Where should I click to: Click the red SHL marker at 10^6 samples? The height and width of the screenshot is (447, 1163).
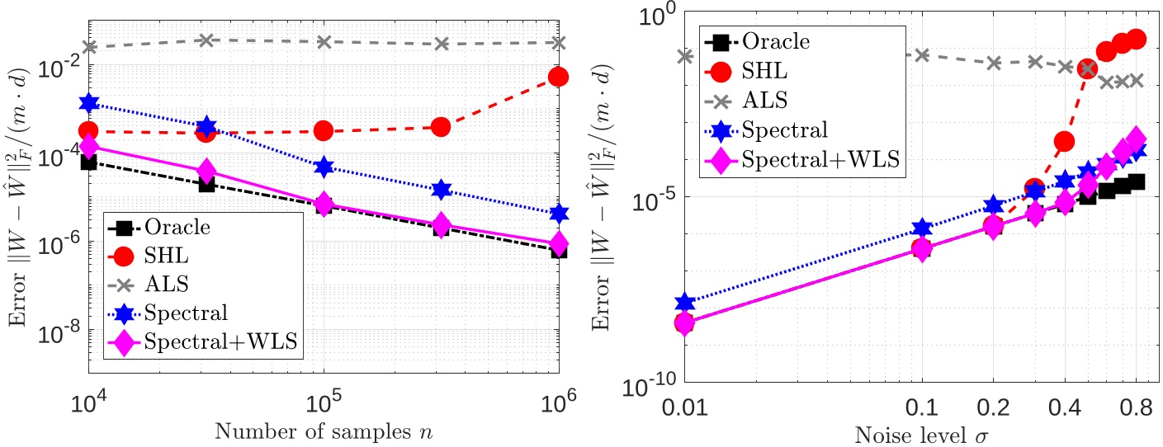558,77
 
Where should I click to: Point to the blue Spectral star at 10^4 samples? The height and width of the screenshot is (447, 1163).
88,103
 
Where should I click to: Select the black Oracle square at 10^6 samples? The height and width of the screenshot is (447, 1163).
558,250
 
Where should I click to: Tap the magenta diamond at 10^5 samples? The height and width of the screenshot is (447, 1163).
324,204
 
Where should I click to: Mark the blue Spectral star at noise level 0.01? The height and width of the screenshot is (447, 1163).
684,303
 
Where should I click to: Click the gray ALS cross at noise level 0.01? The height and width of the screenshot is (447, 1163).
684,56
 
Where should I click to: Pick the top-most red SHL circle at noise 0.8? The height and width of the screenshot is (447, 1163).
1137,40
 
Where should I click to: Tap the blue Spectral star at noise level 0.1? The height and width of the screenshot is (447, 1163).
922,228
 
